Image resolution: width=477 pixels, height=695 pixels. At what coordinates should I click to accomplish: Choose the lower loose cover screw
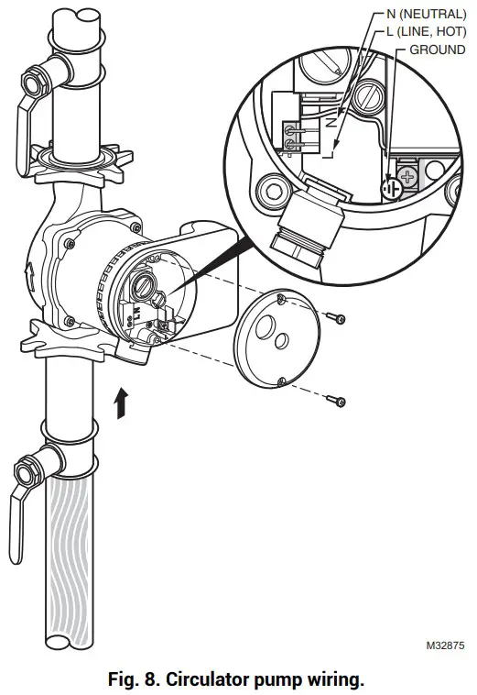(339, 400)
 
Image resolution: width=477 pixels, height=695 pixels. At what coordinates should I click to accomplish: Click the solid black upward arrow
(120, 403)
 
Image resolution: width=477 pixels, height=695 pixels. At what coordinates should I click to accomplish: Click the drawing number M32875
(445, 645)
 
